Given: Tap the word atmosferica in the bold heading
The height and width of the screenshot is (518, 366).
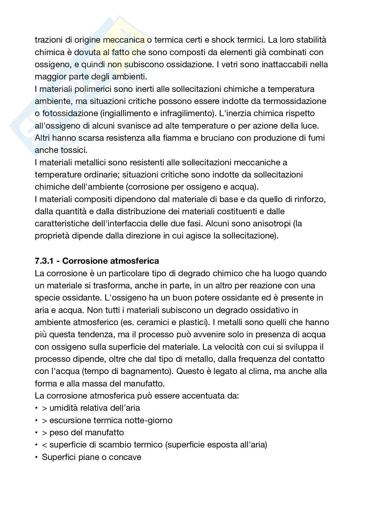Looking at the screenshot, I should (x=135, y=261).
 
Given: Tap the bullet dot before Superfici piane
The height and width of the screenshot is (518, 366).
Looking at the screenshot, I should (x=36, y=457).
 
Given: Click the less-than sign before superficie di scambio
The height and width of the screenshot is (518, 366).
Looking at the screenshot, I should (x=45, y=445).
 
